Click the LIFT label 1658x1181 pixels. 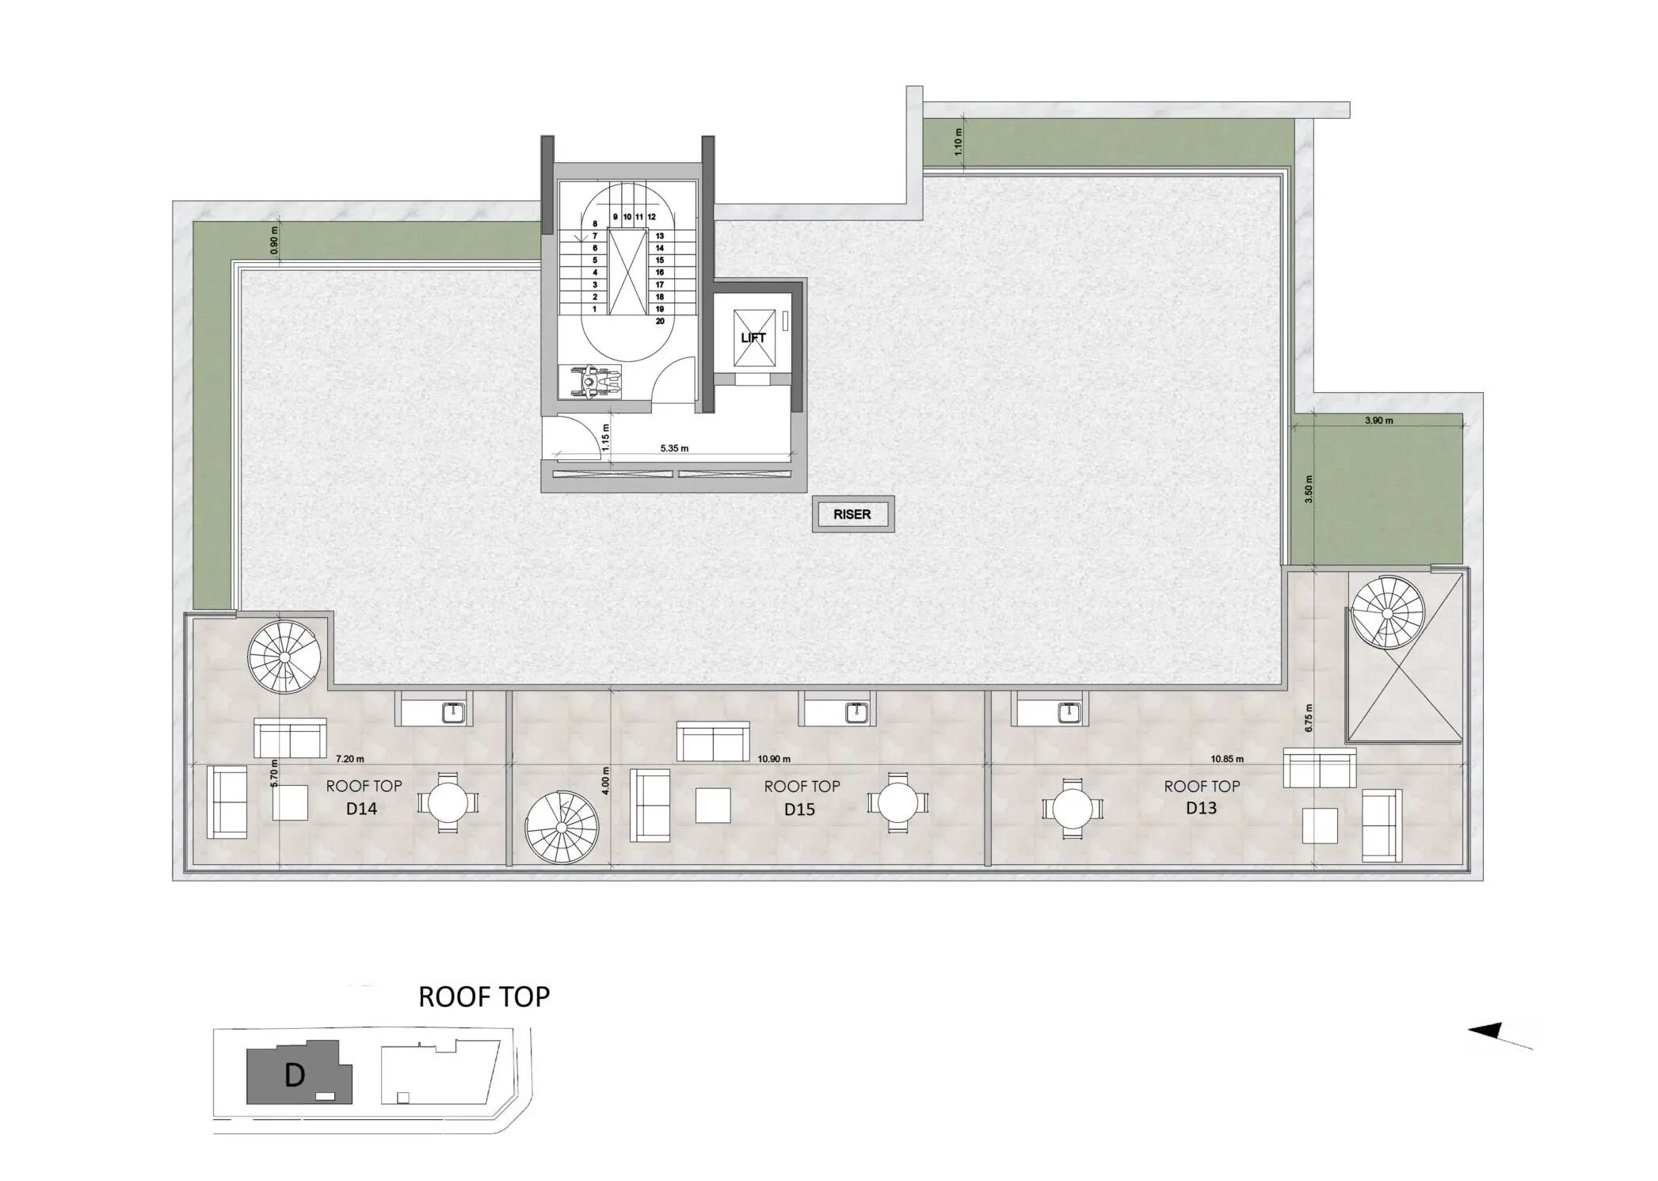click(753, 338)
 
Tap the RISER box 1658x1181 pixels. click(852, 515)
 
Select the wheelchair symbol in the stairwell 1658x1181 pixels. click(589, 381)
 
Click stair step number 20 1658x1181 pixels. click(660, 322)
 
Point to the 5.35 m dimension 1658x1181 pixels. click(674, 448)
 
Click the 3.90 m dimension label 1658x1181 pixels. click(1379, 421)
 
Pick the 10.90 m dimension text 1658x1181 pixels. click(774, 759)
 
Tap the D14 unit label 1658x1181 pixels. click(361, 809)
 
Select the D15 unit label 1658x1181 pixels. click(800, 810)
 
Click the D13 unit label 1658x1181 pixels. click(1201, 808)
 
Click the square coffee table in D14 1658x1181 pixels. click(290, 802)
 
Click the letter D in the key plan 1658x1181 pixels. click(295, 1076)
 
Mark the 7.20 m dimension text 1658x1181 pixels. click(349, 759)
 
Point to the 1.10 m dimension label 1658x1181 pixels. click(958, 142)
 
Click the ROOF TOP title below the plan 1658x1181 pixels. click(484, 996)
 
